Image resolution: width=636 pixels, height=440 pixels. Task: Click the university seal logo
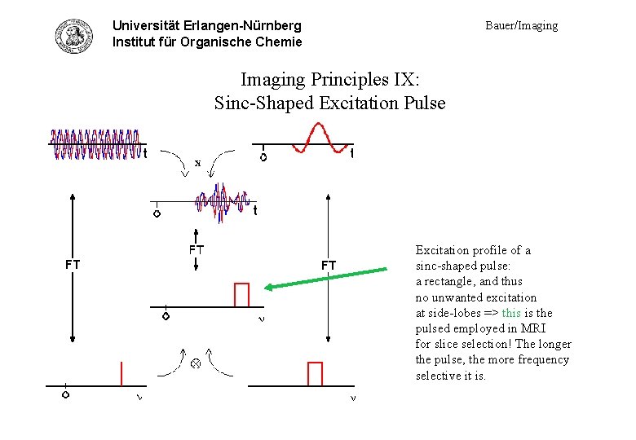73,34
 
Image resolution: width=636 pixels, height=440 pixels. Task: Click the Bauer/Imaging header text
522,25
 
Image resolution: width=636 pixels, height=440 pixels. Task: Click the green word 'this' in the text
511,313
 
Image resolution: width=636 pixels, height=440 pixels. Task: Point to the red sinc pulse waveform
315,139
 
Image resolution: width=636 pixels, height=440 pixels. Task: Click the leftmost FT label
73,264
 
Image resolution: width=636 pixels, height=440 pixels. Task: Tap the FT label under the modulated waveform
197,249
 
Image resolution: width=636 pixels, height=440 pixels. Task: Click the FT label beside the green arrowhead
328,265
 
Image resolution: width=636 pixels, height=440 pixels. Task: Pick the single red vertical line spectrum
121,372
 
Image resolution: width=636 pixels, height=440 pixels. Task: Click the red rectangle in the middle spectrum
241,294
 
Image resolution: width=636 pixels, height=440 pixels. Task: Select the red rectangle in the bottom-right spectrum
315,372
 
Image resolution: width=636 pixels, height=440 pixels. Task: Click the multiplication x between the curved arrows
197,163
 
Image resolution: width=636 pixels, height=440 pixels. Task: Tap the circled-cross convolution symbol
196,363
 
